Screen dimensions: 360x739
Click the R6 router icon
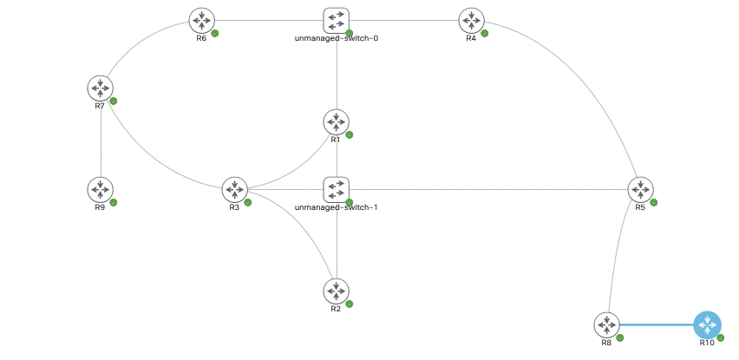(202, 19)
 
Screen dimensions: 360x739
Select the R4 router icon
(472, 19)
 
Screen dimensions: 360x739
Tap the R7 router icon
(101, 88)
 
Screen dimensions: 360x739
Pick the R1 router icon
(337, 121)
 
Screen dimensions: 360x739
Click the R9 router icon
(101, 189)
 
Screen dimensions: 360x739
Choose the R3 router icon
(235, 189)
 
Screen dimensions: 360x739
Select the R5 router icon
(641, 189)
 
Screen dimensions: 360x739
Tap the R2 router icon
(337, 291)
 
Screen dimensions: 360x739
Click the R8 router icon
(607, 324)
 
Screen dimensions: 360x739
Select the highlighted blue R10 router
(708, 324)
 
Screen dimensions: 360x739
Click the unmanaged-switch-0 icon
(337, 20)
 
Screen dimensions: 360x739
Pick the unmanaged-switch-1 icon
(337, 189)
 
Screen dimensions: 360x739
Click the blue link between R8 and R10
(657, 324)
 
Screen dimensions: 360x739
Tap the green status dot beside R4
(485, 33)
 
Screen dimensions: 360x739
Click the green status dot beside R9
(114, 202)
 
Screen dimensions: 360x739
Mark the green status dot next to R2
(350, 304)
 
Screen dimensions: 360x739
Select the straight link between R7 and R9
(101, 139)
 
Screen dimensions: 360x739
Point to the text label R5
(640, 208)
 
